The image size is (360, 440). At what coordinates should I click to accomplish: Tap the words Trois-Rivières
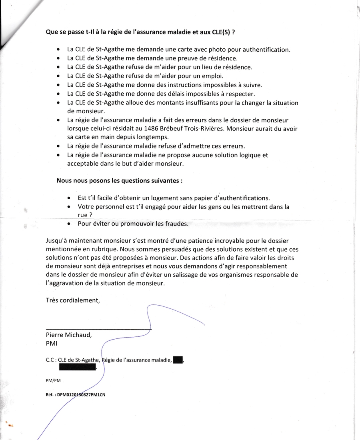[202, 128]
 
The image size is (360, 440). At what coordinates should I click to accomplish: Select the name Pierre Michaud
[69, 335]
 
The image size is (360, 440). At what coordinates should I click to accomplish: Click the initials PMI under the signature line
[52, 344]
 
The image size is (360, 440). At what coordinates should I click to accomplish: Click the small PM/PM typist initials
[53, 380]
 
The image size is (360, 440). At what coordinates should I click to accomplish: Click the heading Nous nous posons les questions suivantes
[120, 180]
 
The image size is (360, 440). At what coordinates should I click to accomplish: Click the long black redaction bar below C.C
[78, 367]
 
